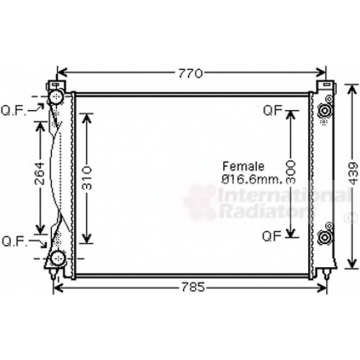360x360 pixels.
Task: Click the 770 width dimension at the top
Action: [x=190, y=73]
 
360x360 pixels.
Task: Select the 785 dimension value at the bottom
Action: [x=193, y=287]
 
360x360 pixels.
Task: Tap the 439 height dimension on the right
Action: [x=353, y=174]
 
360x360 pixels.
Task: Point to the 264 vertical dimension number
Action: [x=40, y=174]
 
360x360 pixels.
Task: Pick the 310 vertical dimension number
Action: [x=87, y=178]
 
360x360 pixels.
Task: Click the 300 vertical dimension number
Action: [x=291, y=172]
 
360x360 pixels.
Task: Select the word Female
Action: [x=243, y=166]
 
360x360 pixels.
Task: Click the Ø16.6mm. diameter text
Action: [x=252, y=179]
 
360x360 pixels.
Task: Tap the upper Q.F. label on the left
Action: [x=14, y=111]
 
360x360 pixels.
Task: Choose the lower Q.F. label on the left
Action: [x=14, y=241]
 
